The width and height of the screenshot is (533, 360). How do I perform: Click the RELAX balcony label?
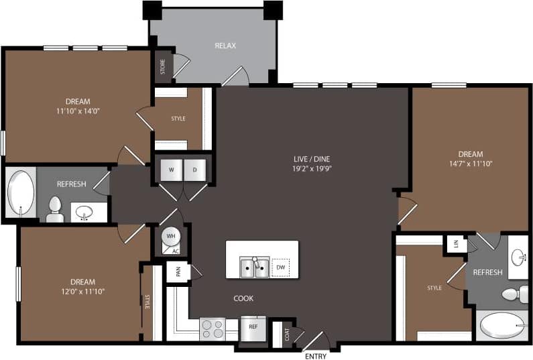tap(225, 46)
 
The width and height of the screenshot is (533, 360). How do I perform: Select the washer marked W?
tap(171, 170)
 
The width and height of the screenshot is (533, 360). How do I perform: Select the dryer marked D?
tap(196, 170)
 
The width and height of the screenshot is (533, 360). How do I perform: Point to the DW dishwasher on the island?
tap(281, 267)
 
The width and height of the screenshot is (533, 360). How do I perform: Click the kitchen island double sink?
tap(255, 267)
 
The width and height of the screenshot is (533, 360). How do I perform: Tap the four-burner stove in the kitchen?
tap(213, 329)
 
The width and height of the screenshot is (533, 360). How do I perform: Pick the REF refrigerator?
tap(253, 327)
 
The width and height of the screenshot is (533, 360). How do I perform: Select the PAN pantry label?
tap(178, 272)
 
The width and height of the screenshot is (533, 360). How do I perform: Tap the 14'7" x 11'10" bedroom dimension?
tap(470, 164)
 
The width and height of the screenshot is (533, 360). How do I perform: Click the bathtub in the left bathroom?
tap(21, 193)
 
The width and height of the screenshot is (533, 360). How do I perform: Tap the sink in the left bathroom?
tap(84, 213)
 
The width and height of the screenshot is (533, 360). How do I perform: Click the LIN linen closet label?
tap(456, 244)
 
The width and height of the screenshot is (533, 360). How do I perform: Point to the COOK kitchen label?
tap(243, 298)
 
